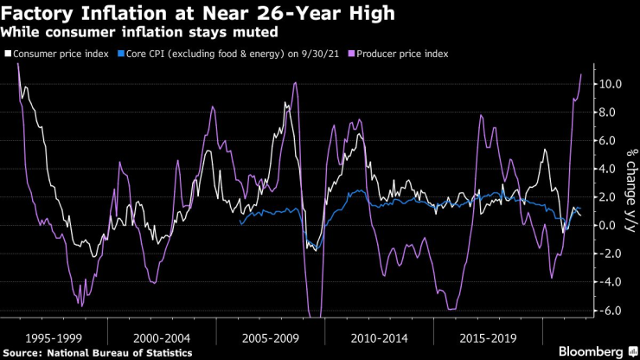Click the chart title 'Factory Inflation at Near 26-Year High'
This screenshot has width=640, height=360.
[x=185, y=14]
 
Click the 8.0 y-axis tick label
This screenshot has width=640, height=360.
[x=611, y=112]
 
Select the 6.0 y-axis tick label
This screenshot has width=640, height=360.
[x=611, y=141]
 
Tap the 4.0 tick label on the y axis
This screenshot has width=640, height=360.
[x=611, y=169]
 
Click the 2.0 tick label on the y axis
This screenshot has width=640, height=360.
[x=611, y=197]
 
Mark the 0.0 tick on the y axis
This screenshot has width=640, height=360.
[x=611, y=225]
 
